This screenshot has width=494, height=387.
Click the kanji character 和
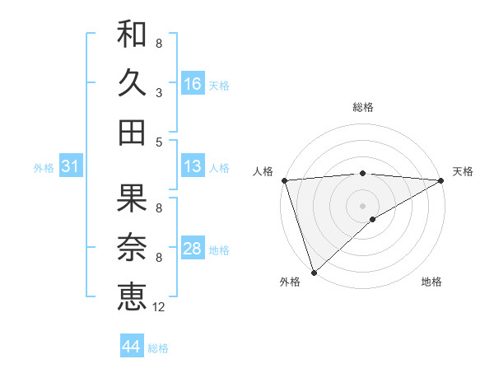click(x=132, y=35)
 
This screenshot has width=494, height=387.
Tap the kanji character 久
click(x=132, y=83)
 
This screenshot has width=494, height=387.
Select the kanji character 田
click(x=132, y=132)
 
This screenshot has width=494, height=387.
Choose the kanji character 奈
click(x=132, y=248)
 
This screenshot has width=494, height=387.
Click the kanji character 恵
click(x=132, y=296)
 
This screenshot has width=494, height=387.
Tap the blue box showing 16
click(x=193, y=83)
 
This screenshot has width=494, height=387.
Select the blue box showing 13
click(x=193, y=166)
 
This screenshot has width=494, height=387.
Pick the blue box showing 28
click(x=193, y=249)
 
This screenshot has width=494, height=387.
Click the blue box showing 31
click(x=71, y=166)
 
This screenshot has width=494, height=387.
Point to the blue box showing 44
click(x=132, y=347)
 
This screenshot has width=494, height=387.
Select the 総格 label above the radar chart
click(x=362, y=107)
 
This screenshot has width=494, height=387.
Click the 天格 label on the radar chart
click(x=463, y=171)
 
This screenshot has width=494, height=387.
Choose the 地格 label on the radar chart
click(x=431, y=282)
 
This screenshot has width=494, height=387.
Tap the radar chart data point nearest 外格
click(x=315, y=271)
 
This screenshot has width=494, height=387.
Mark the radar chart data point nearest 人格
click(x=284, y=180)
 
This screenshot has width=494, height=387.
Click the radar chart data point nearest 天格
click(x=441, y=180)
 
